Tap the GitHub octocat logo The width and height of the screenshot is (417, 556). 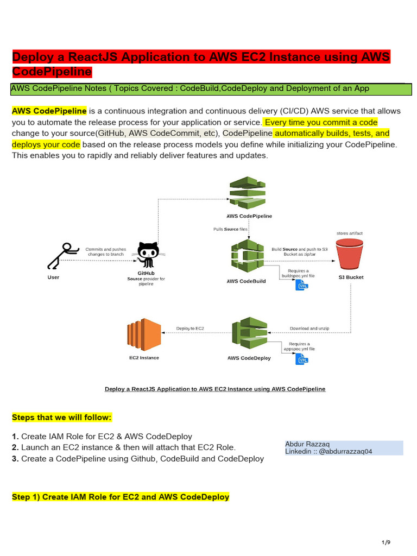coord(148,254)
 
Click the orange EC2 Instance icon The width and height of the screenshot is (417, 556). coord(144,335)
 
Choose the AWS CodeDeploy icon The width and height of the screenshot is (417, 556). coord(250,335)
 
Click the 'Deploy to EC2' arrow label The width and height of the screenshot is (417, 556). coord(190,328)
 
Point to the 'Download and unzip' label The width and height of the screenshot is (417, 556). coord(310,328)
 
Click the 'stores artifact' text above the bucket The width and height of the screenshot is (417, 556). coord(350,233)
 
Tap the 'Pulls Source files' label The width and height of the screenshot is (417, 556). coord(230,229)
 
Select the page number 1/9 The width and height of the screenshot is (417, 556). coord(386,542)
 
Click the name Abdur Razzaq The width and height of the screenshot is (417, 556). coord(307,444)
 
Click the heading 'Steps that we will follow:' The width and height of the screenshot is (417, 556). coord(62,418)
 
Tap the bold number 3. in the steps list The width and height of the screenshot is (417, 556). coord(15,458)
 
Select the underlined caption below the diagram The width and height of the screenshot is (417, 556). coord(215,389)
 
